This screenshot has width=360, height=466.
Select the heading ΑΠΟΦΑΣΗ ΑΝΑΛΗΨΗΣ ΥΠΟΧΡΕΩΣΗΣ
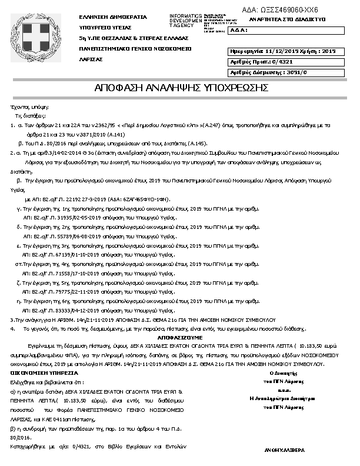pos(182,88)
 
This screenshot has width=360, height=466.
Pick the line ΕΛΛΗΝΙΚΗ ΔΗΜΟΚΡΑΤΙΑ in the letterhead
pos(112,17)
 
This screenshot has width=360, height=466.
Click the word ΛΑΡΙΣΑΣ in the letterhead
pos(91,59)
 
